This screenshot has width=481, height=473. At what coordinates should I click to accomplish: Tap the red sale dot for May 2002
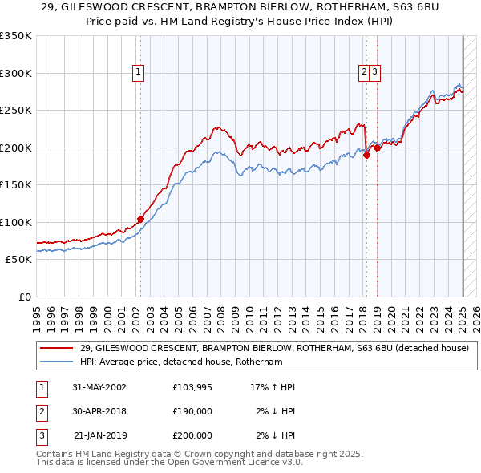pos(140,219)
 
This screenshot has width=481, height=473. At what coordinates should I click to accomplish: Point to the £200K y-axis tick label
pos(16,148)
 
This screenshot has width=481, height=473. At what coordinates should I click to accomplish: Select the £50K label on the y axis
pos(18,260)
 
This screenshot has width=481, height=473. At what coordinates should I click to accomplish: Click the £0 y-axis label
pos(25,297)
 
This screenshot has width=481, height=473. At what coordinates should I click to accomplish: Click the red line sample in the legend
pos(56,349)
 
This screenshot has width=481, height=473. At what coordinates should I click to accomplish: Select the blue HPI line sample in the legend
pos(56,362)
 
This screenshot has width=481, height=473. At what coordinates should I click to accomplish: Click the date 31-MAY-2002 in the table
pos(99,387)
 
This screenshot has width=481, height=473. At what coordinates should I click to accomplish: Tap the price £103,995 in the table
pos(192,387)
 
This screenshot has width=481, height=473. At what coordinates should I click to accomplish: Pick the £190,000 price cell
pos(192,411)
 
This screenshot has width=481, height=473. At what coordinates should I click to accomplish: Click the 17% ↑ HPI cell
pos(273,387)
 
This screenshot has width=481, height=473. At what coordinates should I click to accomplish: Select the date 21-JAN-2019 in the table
pos(99,435)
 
